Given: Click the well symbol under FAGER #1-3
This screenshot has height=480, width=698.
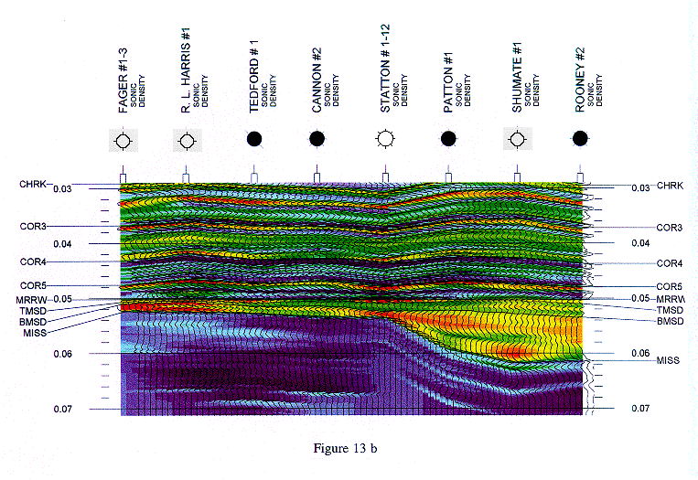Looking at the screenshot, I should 123,141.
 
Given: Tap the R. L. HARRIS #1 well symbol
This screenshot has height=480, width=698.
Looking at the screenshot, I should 186,141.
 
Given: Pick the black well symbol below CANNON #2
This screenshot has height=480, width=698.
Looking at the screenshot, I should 317,139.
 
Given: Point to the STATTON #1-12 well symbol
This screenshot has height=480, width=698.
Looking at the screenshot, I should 385,139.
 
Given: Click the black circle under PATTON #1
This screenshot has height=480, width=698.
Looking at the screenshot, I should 448,139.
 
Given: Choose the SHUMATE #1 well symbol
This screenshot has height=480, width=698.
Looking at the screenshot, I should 518,140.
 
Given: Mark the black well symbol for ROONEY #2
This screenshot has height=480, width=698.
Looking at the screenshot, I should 579,139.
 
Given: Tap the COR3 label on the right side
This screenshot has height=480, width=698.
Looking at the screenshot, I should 670,227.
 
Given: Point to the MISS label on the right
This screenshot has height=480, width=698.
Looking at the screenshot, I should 669,361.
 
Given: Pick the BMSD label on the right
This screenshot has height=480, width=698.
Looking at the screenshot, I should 671,322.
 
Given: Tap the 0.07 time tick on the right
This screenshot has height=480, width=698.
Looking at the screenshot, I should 640,409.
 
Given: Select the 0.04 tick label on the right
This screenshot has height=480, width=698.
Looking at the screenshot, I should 640,243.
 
